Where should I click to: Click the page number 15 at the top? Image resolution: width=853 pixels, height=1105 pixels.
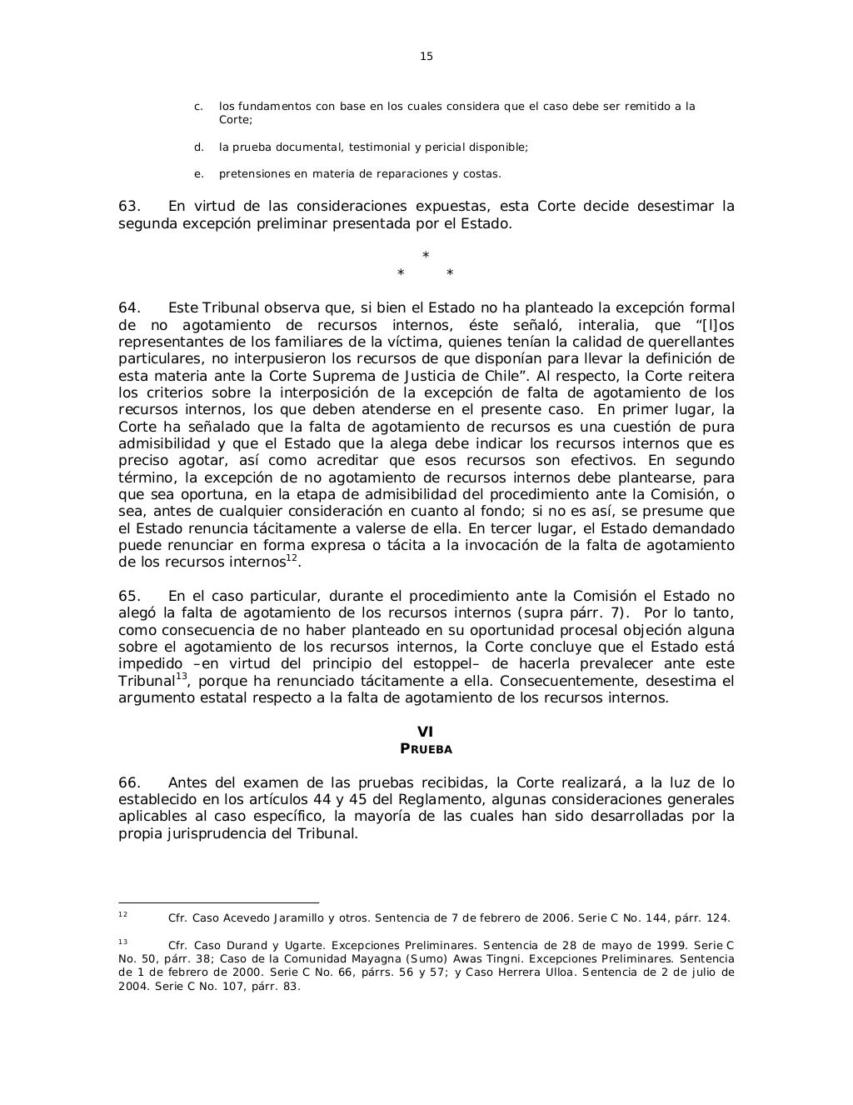426,57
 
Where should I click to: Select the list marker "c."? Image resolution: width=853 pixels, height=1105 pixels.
198,107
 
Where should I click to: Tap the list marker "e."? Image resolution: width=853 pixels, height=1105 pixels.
198,174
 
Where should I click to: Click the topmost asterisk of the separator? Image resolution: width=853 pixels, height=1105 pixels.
426,255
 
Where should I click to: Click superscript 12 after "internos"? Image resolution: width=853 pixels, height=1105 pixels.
292,558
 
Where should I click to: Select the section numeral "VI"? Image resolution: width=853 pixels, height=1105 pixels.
426,732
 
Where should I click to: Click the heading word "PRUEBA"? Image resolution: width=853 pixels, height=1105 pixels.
426,749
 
